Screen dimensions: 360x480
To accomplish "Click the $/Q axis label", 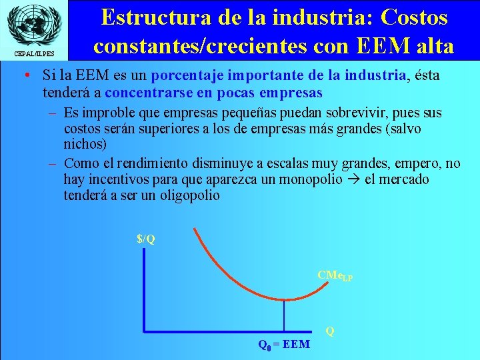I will (146, 239).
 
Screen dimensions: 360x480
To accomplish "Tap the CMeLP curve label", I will (335, 275).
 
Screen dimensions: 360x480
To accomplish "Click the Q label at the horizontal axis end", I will (329, 331).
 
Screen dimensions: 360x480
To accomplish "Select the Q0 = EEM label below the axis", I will (284, 345).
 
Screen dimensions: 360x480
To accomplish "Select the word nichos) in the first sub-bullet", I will (85, 144).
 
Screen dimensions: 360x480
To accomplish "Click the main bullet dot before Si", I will (24, 76).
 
